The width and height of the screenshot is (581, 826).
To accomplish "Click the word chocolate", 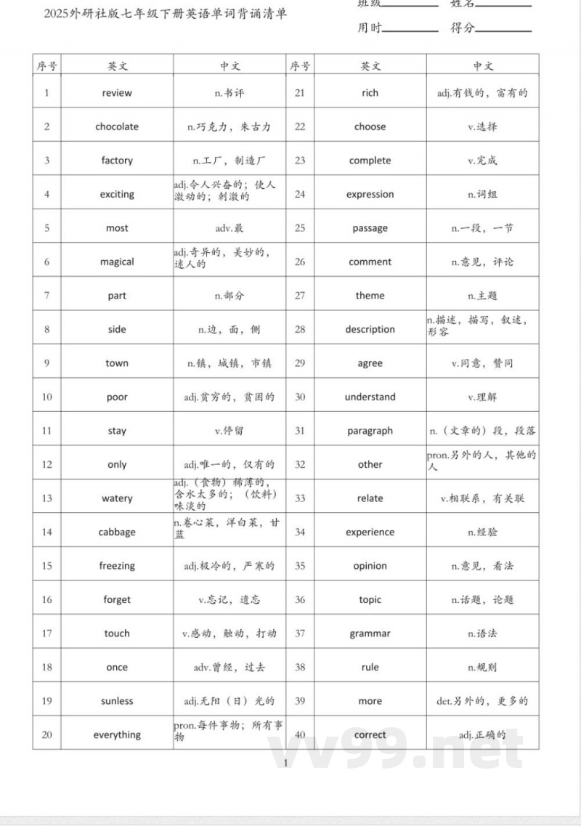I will (x=117, y=126).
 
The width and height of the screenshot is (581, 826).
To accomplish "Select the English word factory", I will (x=117, y=161).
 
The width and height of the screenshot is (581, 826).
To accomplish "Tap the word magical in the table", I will (x=117, y=262).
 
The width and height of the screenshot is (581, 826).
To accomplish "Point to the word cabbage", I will (x=117, y=532).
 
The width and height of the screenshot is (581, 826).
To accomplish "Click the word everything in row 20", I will (x=117, y=734).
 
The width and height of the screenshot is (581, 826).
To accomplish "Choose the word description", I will (x=370, y=329).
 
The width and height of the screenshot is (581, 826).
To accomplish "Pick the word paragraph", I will (x=370, y=431).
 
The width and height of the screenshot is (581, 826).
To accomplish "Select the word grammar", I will (x=370, y=633).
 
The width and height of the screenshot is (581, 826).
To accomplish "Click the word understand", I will (x=370, y=397).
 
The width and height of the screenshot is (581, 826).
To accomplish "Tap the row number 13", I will (x=47, y=498).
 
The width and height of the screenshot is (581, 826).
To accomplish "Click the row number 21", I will (x=300, y=93).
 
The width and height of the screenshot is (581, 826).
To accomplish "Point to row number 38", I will (x=300, y=667).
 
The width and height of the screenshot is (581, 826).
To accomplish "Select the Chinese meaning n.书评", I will (x=229, y=93).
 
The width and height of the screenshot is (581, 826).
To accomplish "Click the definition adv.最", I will (x=229, y=228).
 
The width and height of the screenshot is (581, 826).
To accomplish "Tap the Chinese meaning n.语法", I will (x=482, y=633).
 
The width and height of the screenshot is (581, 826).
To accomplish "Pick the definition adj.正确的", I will (x=482, y=734).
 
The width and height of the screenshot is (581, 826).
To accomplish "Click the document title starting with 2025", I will (x=166, y=14).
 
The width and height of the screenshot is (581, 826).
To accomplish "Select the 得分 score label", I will (x=463, y=28).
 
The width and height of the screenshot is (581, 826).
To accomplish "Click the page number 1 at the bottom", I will (x=286, y=762).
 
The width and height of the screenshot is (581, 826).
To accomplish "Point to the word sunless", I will (x=117, y=701).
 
